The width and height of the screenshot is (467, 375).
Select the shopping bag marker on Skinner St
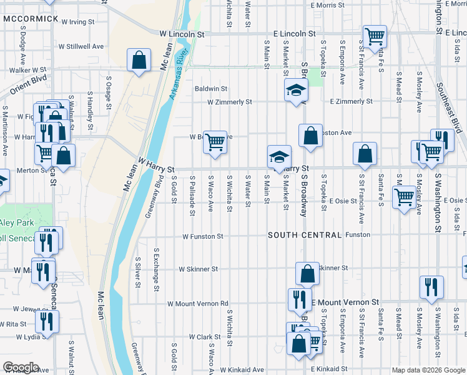coord(307,273)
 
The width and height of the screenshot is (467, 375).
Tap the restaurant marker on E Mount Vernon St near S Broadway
coord(300,299)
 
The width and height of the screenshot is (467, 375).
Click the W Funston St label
coord(203,236)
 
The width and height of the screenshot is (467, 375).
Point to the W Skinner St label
coord(198,269)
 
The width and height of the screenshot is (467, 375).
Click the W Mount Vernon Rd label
coord(197,304)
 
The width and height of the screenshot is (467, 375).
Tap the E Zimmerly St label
coord(351,101)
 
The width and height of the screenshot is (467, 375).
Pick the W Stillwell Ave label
coord(81,46)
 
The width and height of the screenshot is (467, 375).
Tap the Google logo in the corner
coord(21,367)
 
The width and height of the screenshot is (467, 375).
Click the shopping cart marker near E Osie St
coord(405,197)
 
